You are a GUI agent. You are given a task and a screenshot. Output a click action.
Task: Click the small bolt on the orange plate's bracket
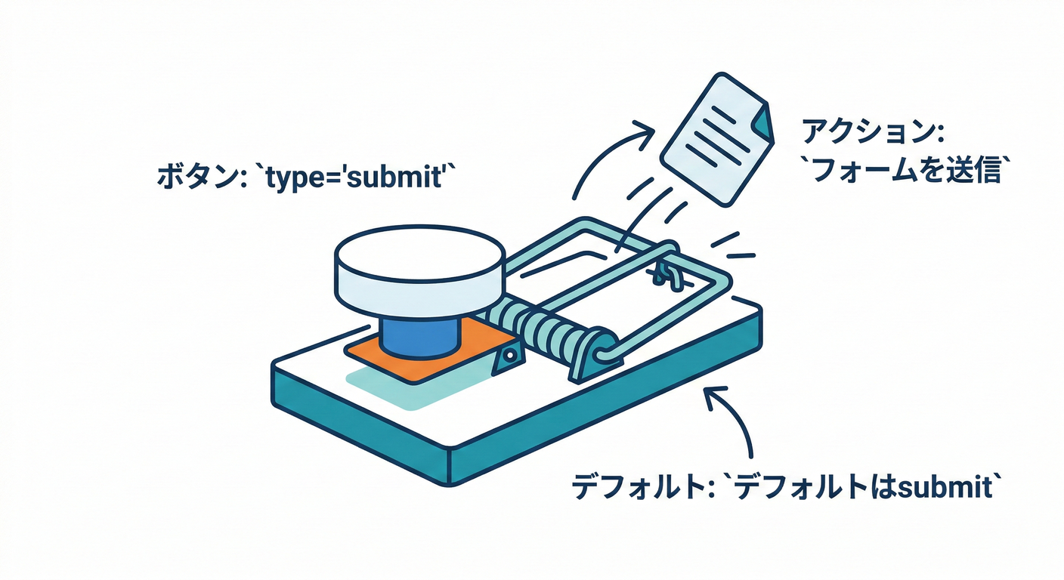point(510,354)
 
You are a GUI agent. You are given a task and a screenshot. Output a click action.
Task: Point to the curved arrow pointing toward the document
point(605,155)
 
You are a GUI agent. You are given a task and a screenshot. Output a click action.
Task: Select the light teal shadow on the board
point(393,389)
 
